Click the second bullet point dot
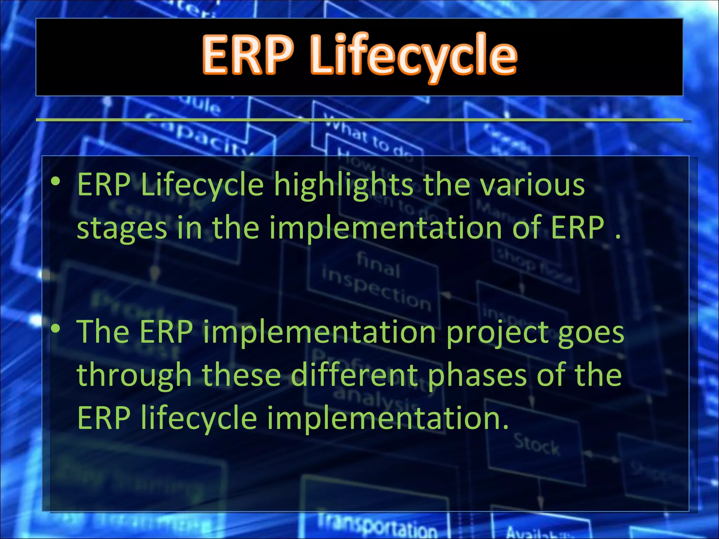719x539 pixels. click(x=56, y=329)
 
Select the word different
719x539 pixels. click(x=355, y=375)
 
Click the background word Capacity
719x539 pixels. click(x=197, y=135)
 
